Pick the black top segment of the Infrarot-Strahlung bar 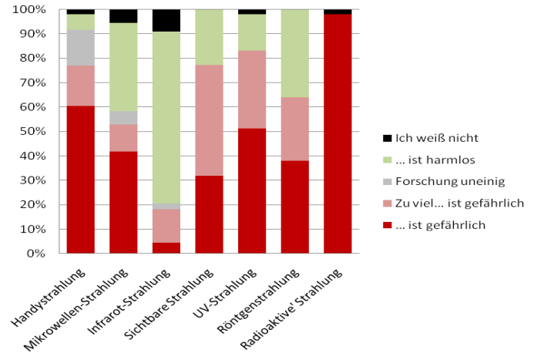click(x=166, y=21)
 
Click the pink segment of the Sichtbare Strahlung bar click(x=209, y=120)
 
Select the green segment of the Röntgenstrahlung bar click(x=294, y=53)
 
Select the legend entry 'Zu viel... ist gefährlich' click(x=459, y=203)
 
